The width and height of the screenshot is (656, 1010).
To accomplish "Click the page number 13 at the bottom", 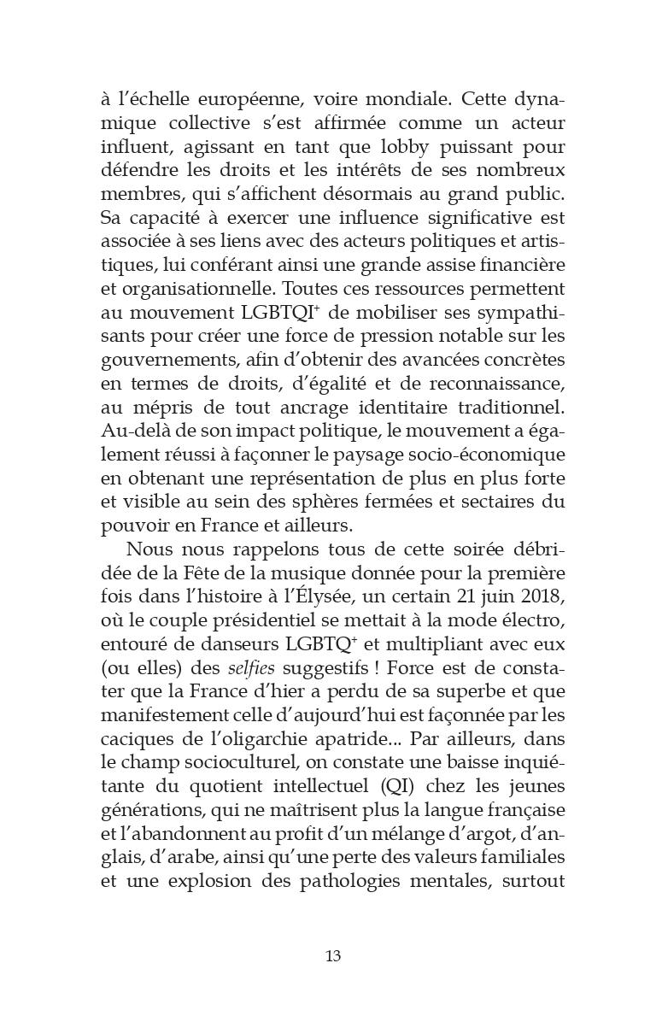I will [x=333, y=956].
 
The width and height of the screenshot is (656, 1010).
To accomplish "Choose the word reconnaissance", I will [x=483, y=384].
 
